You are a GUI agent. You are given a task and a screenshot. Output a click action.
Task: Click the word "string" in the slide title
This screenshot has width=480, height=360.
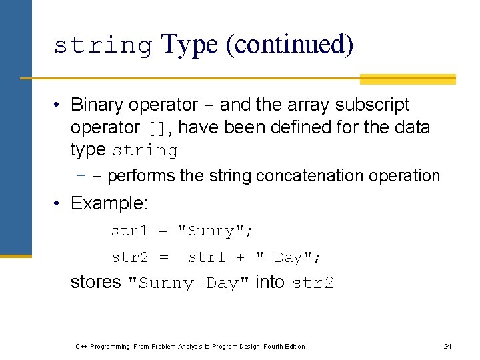tap(103, 45)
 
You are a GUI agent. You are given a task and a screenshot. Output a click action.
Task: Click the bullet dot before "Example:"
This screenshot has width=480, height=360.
tap(59, 203)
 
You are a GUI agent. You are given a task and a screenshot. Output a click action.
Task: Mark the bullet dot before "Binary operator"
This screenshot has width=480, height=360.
tap(59, 105)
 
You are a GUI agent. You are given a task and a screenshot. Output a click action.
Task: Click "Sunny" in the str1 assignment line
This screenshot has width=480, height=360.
tap(211, 231)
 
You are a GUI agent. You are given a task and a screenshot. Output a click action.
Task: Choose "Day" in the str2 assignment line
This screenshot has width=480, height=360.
tap(288, 257)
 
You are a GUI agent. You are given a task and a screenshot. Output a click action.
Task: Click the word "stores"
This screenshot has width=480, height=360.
tap(95, 282)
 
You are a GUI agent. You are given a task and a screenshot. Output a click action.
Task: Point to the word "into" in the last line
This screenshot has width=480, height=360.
tap(270, 282)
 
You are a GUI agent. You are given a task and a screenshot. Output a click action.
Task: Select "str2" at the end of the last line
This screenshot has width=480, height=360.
tap(313, 283)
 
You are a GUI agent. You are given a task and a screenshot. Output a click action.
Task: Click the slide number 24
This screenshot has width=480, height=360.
tap(447, 346)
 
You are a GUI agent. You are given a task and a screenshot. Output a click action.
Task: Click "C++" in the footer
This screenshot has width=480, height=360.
tap(82, 346)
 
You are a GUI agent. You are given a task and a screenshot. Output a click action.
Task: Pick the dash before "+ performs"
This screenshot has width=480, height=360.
tap(81, 176)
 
